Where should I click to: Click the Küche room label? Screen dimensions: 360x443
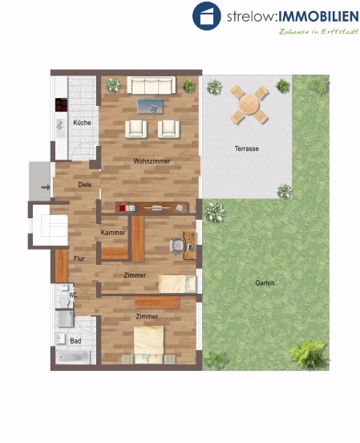[x=82, y=122]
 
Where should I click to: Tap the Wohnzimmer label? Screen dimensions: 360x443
[x=152, y=161]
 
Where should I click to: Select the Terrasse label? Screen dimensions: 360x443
[x=246, y=148]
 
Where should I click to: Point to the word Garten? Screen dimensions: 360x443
[x=265, y=282]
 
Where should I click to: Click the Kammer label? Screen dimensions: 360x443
[x=113, y=233]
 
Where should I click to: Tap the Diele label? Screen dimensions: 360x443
[x=85, y=185]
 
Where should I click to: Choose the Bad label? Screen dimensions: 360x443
[x=75, y=341]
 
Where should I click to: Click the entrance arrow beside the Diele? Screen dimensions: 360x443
[x=46, y=187]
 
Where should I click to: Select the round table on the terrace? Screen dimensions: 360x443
[x=249, y=104]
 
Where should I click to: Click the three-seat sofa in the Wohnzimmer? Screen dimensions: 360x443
[x=152, y=85]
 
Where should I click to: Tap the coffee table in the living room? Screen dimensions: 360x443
[x=150, y=106]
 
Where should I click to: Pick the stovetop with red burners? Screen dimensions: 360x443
[x=61, y=105]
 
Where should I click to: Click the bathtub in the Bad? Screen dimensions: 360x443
[x=73, y=357]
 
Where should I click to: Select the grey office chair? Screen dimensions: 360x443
[x=176, y=245]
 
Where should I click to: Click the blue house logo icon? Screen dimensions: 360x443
[x=207, y=16]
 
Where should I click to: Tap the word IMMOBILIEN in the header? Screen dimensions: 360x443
[x=318, y=17]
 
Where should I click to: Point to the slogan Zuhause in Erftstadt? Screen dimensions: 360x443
[x=319, y=31]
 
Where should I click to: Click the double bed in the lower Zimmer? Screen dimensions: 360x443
[x=149, y=344]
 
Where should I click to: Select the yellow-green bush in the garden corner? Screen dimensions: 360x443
[x=309, y=354]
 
